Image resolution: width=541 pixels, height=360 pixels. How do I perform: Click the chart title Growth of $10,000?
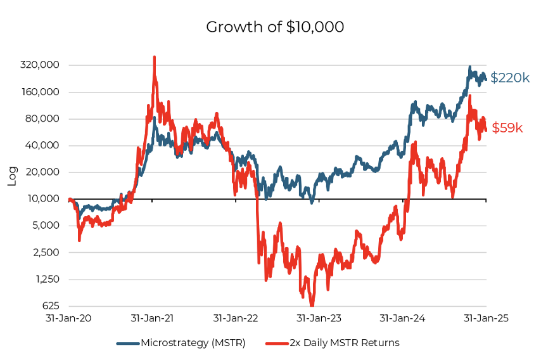(275, 27)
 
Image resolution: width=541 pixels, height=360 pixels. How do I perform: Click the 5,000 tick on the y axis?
(46, 226)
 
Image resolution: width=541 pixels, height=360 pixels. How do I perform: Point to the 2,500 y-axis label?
(46, 252)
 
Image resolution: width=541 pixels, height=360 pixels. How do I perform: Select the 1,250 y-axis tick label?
(46, 279)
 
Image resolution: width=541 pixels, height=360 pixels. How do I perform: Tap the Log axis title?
(12, 176)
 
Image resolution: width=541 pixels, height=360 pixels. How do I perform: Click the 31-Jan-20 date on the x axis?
(68, 318)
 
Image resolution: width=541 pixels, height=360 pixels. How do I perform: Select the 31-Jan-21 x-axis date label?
(152, 318)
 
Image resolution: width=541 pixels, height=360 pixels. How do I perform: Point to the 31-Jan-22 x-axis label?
(236, 318)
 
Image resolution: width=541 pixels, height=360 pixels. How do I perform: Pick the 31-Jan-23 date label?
(319, 318)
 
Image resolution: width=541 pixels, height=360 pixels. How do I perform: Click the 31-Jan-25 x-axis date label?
(486, 318)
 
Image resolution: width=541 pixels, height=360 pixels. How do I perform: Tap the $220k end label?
(510, 78)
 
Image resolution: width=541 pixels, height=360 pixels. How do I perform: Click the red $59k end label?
(507, 128)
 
